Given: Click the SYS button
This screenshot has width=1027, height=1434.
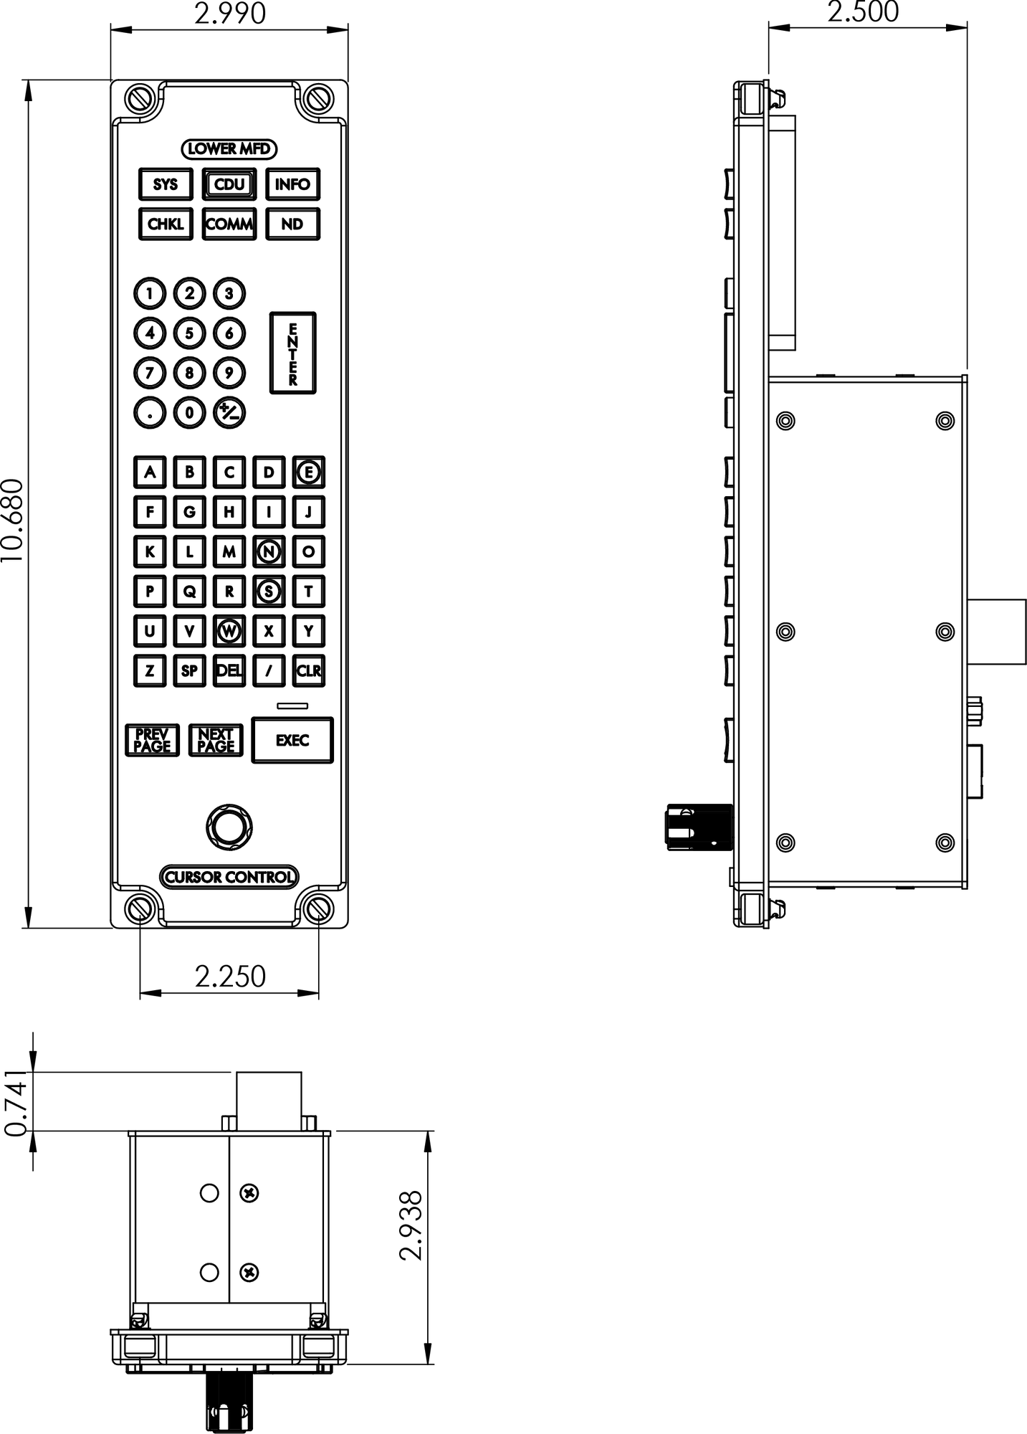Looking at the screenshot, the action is (166, 184).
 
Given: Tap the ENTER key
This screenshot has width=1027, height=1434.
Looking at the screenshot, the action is (293, 353).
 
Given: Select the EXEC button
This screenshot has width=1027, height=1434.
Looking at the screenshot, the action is (292, 740).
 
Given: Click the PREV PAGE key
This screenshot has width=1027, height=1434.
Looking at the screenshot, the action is (153, 740).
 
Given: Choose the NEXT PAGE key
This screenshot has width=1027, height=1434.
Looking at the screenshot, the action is (216, 740).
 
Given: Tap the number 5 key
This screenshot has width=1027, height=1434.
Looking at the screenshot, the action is (189, 333).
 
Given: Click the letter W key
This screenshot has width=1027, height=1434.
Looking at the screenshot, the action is (229, 631).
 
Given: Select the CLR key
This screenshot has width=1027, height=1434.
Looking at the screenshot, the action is (309, 671).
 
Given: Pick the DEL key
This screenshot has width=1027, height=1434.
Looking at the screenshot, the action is (229, 671).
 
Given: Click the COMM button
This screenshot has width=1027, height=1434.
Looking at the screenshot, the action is (229, 224).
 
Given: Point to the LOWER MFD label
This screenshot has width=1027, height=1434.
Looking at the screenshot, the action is (229, 148).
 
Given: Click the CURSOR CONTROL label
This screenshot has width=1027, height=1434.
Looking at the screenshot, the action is (229, 877).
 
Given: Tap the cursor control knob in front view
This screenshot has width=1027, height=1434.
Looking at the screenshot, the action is (229, 827).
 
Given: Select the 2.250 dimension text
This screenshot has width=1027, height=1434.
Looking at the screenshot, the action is (230, 976).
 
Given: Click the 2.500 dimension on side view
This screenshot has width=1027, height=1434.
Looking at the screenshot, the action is (863, 12).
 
